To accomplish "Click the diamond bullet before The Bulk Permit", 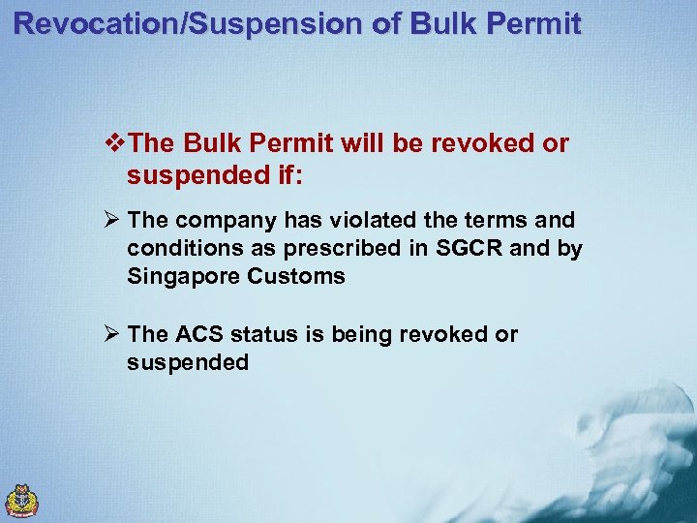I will pos(116,144).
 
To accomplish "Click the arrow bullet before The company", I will pos(113,221).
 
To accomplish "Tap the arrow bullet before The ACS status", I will pos(113,335).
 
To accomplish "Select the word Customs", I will pos(296,277).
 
